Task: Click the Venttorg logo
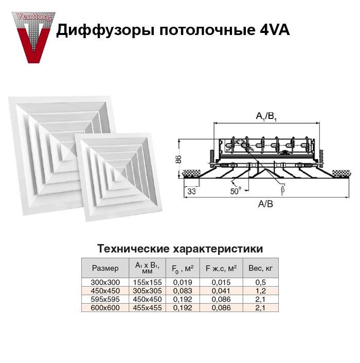pos(34,38)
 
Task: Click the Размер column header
pos(105,268)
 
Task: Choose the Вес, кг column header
pos(261,268)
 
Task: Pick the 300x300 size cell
pos(105,283)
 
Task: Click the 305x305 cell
pos(147,291)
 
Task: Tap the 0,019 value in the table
pos(183,283)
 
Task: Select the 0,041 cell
pos(221,291)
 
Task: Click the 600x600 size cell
pos(105,308)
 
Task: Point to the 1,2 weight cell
pos(261,291)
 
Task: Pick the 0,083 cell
pos(183,291)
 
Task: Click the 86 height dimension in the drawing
pos(178,159)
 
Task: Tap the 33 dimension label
pos(192,191)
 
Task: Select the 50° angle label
pos(236,191)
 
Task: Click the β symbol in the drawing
pos(282,189)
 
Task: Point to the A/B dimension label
pos(265,204)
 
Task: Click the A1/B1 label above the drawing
pos(266,116)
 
